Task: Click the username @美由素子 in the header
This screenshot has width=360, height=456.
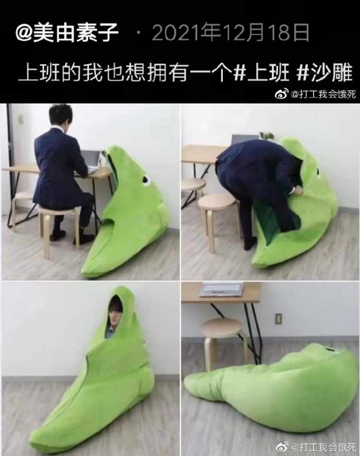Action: click(x=67, y=33)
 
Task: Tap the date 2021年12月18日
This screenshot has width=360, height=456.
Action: click(x=230, y=33)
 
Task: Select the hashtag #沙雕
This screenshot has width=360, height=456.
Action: click(x=324, y=73)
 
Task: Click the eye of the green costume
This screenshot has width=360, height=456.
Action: click(x=146, y=180)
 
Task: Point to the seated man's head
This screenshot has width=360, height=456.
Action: click(x=60, y=116)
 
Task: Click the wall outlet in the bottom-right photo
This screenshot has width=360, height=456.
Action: click(x=278, y=318)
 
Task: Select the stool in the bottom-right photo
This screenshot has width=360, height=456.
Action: click(x=223, y=343)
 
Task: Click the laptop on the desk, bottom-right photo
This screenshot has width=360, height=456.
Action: click(x=222, y=289)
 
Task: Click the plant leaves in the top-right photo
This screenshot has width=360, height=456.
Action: click(x=267, y=136)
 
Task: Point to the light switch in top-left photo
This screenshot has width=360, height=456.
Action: click(x=21, y=119)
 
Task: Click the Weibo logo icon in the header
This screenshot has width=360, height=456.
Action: click(x=282, y=94)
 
